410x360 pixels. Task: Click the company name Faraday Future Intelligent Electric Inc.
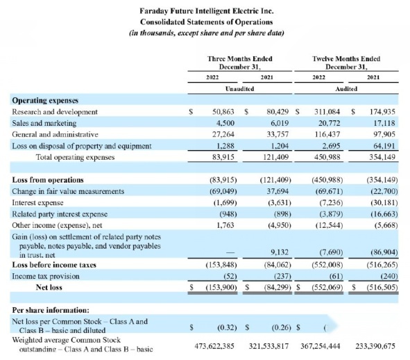tap(207, 11)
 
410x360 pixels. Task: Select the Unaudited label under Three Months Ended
tap(240, 89)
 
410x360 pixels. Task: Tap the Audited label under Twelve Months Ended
tap(346, 89)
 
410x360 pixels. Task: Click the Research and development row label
tap(55, 112)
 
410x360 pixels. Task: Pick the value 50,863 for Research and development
tap(223, 112)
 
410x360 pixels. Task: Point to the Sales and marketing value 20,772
tap(330, 123)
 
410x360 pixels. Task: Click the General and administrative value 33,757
tap(277, 134)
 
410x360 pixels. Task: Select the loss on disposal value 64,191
tap(384, 146)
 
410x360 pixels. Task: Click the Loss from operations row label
tap(48, 180)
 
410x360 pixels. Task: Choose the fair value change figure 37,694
tap(277, 191)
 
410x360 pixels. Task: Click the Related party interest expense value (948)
tap(228, 214)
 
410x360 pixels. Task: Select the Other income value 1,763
tap(225, 225)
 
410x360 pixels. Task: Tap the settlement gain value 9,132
tap(280, 252)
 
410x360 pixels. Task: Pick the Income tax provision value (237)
tap(282, 276)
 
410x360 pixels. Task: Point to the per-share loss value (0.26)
tap(282, 327)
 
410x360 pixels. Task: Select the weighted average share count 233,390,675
tap(375, 346)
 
